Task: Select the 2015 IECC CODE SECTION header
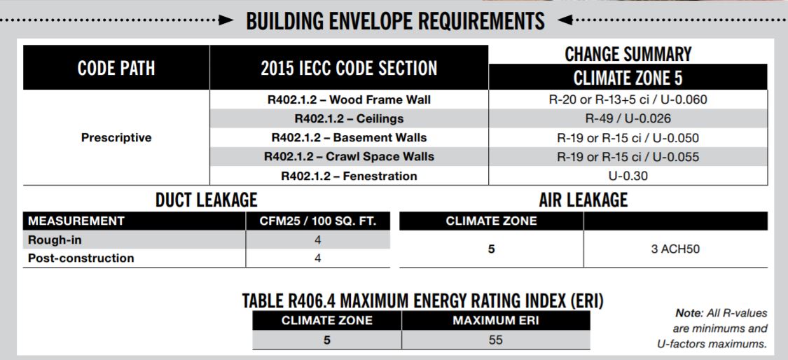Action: (349, 68)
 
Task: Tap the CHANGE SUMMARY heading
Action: (628, 53)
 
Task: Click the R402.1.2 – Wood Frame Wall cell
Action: (349, 99)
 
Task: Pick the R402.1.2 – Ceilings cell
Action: (349, 118)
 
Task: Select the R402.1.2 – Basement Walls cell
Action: (349, 137)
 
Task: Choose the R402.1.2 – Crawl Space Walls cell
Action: (349, 156)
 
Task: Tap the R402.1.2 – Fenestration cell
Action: (349, 176)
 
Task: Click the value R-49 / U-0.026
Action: (628, 118)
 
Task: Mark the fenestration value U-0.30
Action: (628, 176)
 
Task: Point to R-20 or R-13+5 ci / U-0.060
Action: (628, 99)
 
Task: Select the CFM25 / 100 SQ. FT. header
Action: (317, 222)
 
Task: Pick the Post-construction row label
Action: (81, 258)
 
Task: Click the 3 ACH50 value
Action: (675, 249)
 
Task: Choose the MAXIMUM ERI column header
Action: (495, 321)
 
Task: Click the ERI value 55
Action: (495, 340)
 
